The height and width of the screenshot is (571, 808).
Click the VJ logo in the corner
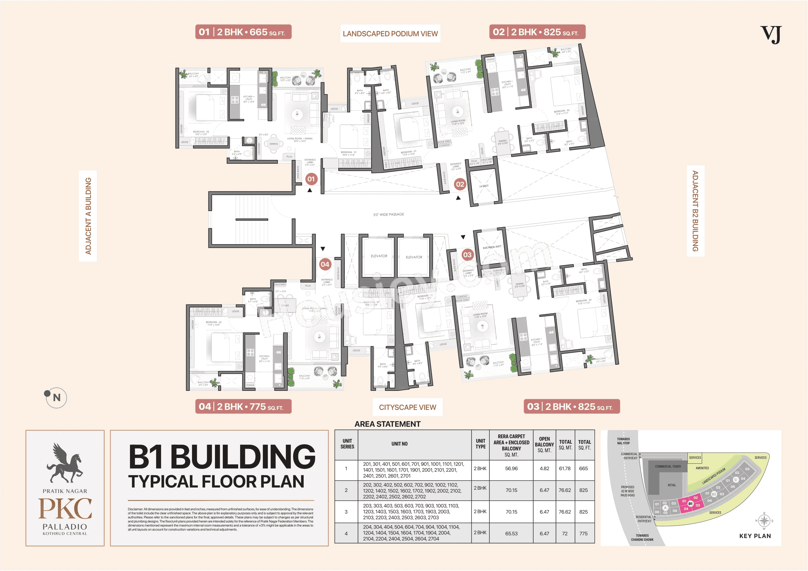click(x=770, y=34)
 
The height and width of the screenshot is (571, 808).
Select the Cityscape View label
click(x=407, y=407)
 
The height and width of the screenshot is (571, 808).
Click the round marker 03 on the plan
click(x=467, y=255)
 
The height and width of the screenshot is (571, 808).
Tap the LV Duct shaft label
click(x=484, y=186)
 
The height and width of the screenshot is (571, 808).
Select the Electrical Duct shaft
click(x=492, y=247)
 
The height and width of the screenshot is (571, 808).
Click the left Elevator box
click(x=379, y=256)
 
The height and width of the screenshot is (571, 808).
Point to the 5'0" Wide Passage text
click(x=389, y=214)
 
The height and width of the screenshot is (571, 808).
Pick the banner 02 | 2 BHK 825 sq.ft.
click(x=537, y=32)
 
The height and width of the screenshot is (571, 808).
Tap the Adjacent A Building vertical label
click(x=88, y=216)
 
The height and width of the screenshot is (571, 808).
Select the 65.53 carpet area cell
click(x=511, y=533)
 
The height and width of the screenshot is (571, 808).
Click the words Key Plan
click(x=755, y=536)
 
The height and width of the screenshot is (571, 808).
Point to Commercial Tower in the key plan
click(x=668, y=467)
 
